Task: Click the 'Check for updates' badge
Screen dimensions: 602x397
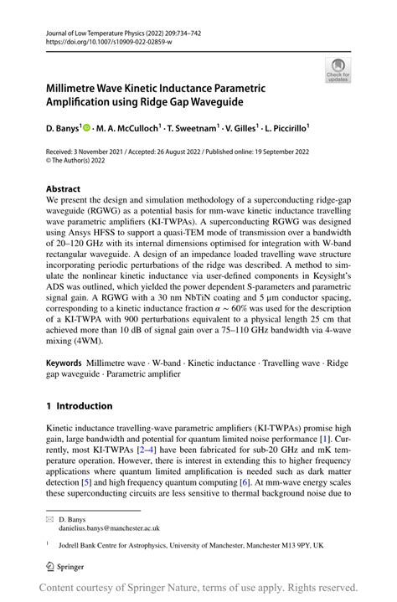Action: [x=338, y=69]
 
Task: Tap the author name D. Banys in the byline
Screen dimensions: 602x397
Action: [x=62, y=129]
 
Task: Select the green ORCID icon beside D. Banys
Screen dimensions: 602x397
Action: [x=86, y=129]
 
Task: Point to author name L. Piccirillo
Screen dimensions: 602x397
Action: [x=286, y=129]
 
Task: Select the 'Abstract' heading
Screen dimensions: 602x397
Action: [x=64, y=190]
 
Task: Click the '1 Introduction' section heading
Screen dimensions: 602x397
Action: [x=80, y=406]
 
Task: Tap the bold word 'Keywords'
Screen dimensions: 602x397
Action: [x=64, y=363]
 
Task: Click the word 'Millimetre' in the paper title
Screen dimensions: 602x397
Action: [x=76, y=88]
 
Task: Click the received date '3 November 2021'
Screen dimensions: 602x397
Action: [x=110, y=152]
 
